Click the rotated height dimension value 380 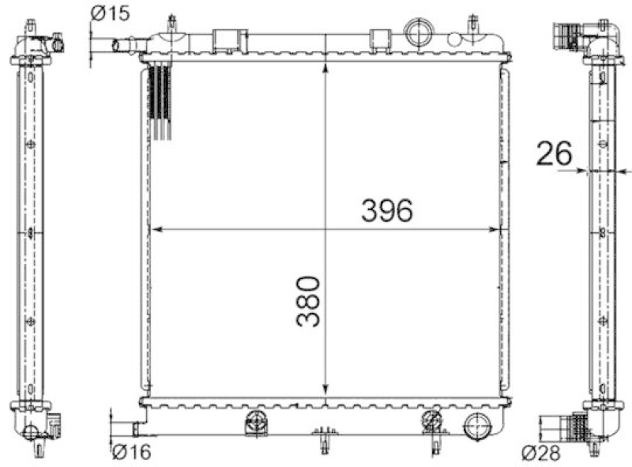pos(309,301)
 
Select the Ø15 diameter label pos(109,13)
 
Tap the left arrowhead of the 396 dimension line pos(156,230)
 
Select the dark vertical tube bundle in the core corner pos(160,99)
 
